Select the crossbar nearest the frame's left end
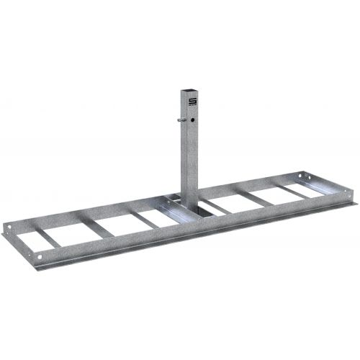point(42,235)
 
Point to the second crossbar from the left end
point(94,226)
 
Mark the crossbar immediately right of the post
point(216,204)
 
